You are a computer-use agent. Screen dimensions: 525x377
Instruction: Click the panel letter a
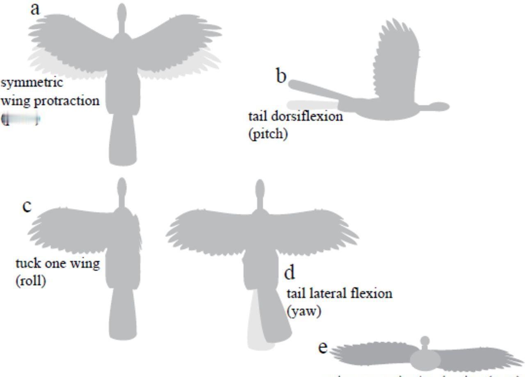(35, 9)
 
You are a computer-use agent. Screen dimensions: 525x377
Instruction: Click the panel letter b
(281, 76)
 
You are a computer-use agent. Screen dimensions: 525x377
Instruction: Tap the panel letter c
(27, 206)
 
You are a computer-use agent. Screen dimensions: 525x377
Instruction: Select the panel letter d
(290, 272)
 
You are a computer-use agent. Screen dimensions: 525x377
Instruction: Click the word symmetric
(32, 82)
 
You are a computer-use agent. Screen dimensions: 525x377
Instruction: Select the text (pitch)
(268, 134)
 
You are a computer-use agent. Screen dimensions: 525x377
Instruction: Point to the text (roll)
(31, 281)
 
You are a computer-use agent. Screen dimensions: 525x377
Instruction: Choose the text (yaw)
(304, 311)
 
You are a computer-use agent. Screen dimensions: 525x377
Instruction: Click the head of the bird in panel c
(121, 187)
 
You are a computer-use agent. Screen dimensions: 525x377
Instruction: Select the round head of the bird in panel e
(425, 341)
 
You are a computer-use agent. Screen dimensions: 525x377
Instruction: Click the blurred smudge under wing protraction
(21, 119)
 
